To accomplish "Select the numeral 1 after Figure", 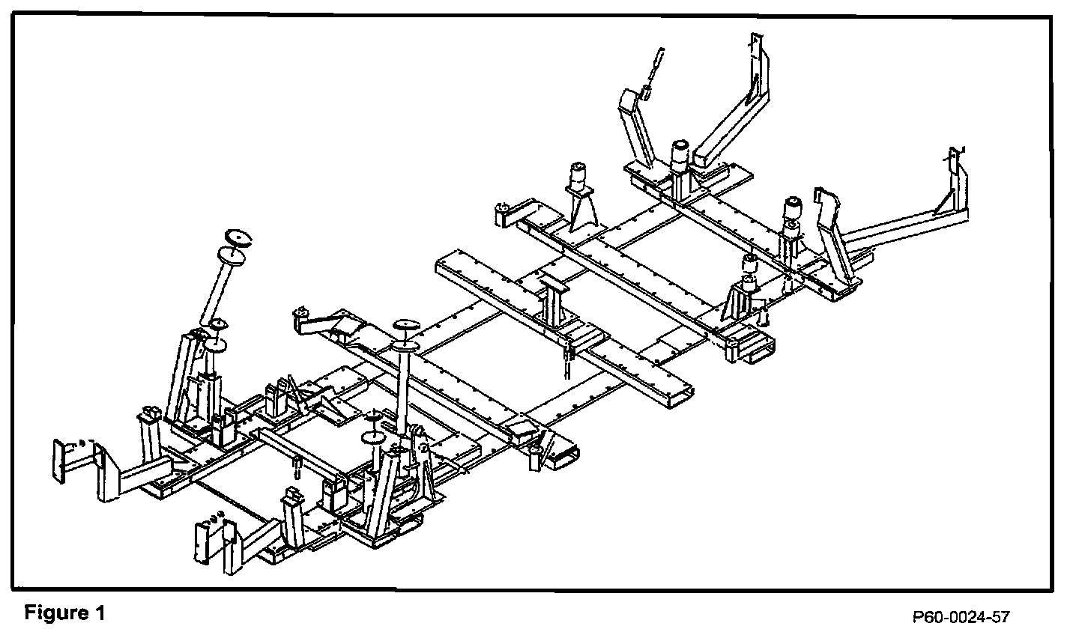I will [x=100, y=613].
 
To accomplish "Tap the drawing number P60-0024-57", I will [x=961, y=617].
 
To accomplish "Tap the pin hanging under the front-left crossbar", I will [x=297, y=469].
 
